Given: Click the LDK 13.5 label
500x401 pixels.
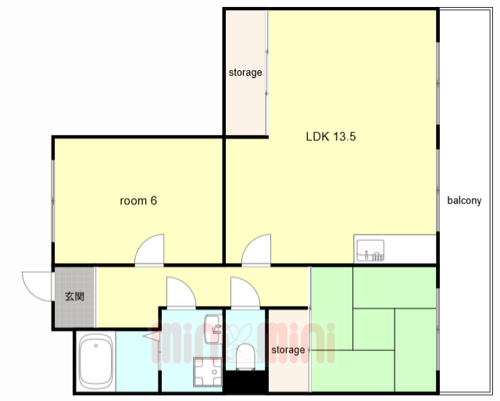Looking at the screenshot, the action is (330, 137).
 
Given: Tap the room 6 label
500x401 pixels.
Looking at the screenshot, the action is (138, 200).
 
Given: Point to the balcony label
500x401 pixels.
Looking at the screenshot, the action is (464, 200).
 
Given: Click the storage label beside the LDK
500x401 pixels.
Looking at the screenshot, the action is (245, 73).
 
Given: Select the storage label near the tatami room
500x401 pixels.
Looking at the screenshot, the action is (288, 350).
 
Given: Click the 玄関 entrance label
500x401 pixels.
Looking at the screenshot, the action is (74, 296).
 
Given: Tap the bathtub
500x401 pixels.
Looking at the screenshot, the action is (95, 361).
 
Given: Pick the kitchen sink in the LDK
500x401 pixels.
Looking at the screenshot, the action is (370, 250).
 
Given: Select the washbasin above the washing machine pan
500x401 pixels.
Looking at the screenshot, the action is (213, 329).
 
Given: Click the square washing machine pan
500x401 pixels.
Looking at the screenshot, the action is (208, 371).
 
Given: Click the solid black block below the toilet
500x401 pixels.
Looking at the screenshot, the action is (245, 381).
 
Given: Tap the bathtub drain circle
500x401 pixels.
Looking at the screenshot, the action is (95, 346).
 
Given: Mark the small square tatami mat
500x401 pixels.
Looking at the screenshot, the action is (373, 329).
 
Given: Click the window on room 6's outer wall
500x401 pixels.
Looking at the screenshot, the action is (53, 200).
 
